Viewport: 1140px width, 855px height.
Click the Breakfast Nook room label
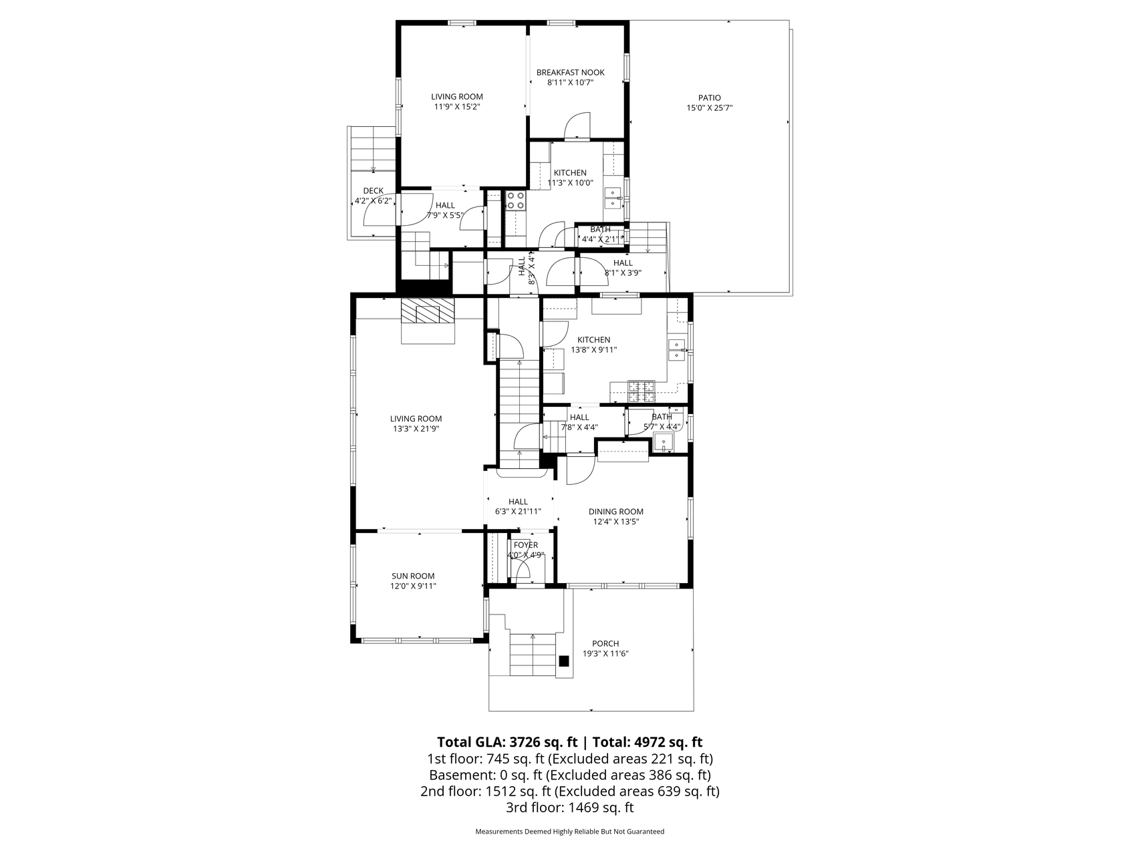(x=570, y=72)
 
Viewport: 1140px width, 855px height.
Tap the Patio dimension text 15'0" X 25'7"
(x=710, y=108)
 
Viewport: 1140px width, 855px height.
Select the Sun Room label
(x=413, y=576)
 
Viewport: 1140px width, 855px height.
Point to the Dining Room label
(x=616, y=512)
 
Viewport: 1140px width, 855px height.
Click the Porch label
(x=605, y=643)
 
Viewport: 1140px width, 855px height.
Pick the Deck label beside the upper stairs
(x=373, y=190)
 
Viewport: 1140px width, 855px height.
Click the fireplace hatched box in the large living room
(x=428, y=311)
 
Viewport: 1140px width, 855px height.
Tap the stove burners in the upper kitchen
(x=515, y=200)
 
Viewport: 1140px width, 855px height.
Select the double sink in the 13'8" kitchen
(x=678, y=349)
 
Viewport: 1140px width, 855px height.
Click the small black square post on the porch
(x=564, y=661)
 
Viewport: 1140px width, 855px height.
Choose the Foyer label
(x=526, y=544)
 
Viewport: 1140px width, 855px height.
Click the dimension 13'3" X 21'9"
(x=416, y=429)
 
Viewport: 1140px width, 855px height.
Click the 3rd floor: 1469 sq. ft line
(x=570, y=808)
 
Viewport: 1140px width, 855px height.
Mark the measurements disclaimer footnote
(x=570, y=832)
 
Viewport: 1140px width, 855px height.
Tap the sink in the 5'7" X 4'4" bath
(x=664, y=443)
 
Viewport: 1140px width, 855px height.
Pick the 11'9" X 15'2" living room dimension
(x=457, y=106)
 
